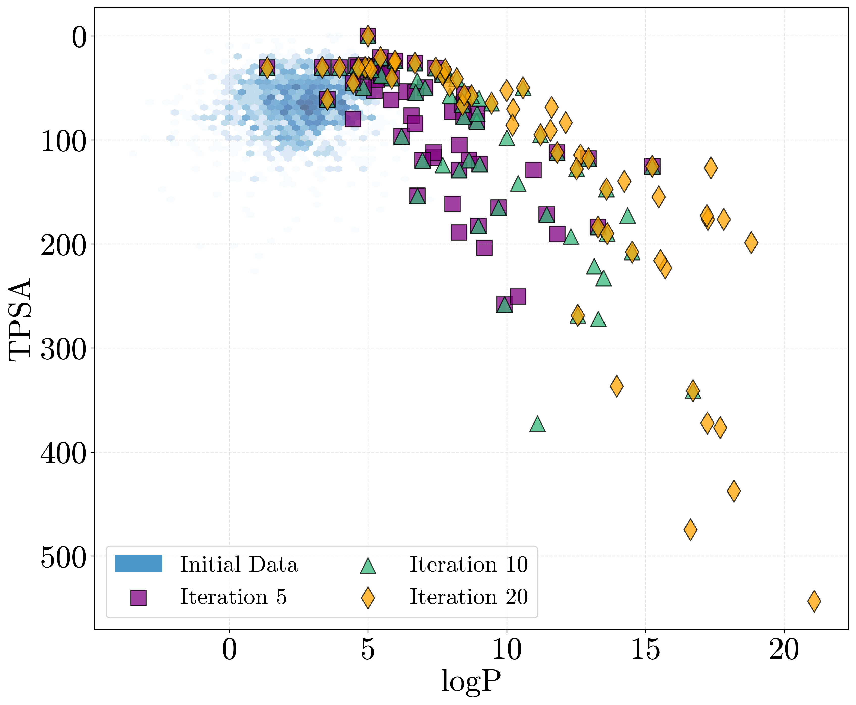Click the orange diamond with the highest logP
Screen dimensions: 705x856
click(814, 601)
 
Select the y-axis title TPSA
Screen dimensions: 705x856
click(20, 319)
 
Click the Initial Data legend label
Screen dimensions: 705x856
click(239, 565)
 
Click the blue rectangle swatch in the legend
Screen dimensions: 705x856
click(138, 564)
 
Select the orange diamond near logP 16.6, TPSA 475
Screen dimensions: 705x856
click(690, 530)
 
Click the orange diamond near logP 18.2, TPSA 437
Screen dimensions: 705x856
click(734, 490)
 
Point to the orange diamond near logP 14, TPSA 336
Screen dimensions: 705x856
click(617, 386)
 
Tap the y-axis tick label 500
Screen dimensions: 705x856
click(64, 557)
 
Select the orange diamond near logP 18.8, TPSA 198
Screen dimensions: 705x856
click(751, 242)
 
